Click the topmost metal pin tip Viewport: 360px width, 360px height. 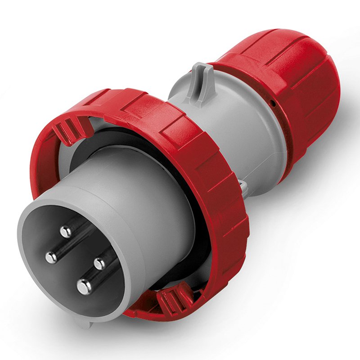pos(66,232)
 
